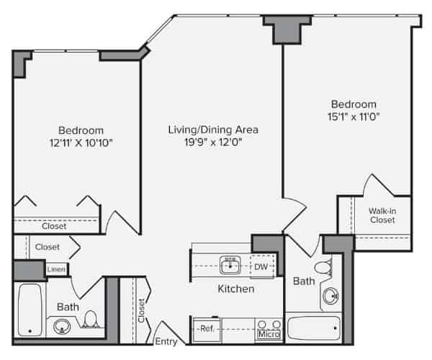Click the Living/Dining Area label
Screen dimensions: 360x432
(212, 130)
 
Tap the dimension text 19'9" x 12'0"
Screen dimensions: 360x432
(212, 143)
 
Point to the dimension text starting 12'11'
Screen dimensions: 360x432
(81, 143)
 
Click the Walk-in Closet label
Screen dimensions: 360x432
(382, 215)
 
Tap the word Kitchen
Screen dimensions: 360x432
(236, 289)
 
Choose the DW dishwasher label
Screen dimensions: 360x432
(261, 267)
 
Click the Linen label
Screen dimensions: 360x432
(57, 269)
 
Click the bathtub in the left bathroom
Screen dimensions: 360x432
(30, 310)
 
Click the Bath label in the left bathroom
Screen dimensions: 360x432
(68, 307)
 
